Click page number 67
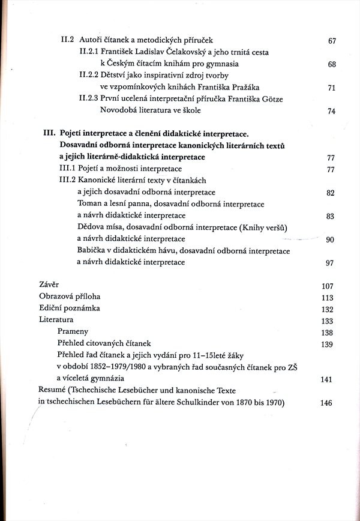[332, 41]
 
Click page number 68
[332, 65]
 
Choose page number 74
[332, 112]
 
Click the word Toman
[90, 204]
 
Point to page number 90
[329, 240]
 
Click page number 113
[327, 298]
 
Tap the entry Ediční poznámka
[70, 308]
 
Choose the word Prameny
[73, 331]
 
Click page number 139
[327, 345]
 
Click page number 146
[326, 403]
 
